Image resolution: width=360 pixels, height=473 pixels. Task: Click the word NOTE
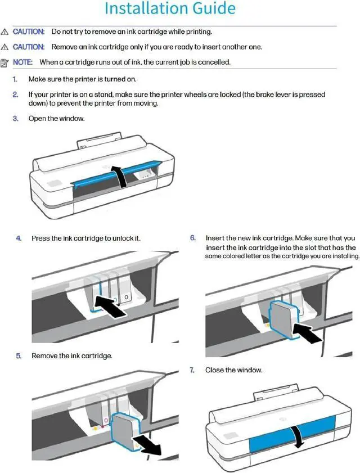22,62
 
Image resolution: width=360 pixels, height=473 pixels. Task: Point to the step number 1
15,79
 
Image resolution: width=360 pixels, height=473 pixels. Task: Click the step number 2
15,95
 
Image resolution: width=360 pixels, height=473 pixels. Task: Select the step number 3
15,119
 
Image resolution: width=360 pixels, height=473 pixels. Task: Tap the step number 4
19,238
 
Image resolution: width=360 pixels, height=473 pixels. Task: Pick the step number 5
19,356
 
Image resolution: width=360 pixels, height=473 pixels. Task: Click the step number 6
193,238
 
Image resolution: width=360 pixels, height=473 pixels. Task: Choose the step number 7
192,370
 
